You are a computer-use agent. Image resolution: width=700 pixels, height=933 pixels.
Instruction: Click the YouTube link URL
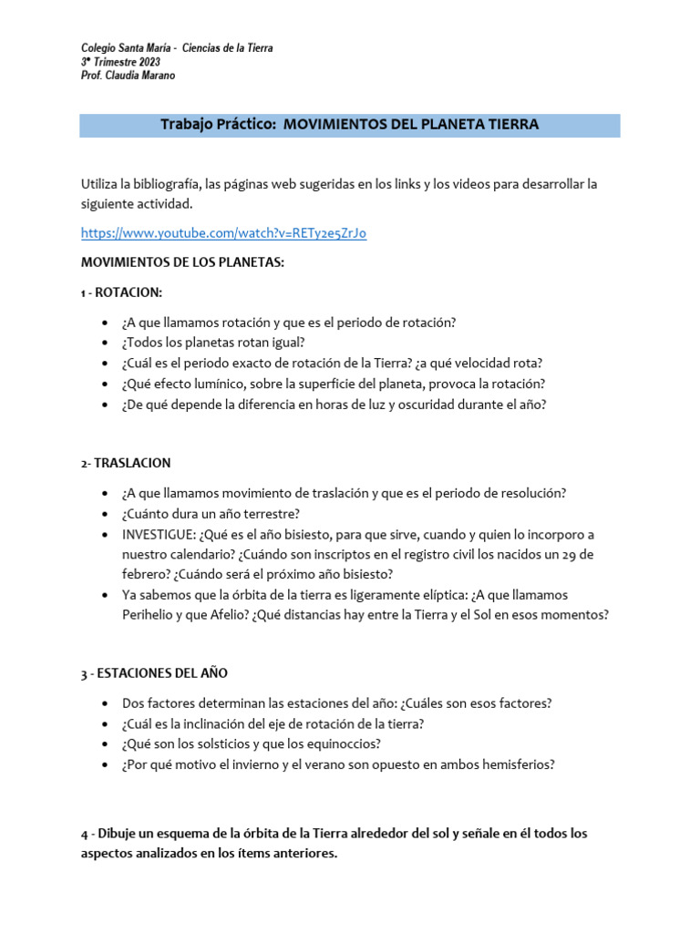pos(223,233)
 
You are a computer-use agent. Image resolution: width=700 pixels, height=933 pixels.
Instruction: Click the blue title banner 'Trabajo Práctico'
pos(350,125)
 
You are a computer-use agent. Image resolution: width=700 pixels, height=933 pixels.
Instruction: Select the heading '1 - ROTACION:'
pos(120,292)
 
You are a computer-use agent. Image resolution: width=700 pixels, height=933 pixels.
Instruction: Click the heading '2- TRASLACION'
pos(126,463)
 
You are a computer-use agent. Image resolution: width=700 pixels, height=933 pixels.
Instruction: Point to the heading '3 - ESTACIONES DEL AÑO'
pos(154,673)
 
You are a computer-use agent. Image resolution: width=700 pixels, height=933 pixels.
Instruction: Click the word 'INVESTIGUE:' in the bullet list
pos(158,534)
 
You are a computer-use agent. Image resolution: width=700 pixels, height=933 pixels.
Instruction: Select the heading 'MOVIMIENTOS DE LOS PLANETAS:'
pos(182,262)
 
